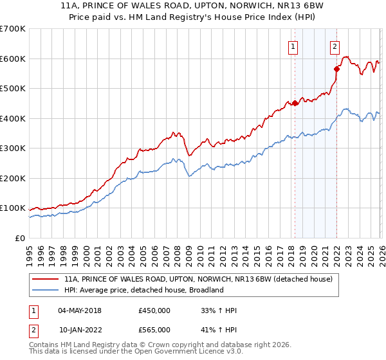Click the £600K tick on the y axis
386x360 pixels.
pos(13,59)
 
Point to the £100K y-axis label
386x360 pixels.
pos(13,208)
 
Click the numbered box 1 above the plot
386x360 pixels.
pos(293,46)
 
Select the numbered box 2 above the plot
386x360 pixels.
pos(335,46)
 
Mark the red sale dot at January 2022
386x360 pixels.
pos(336,69)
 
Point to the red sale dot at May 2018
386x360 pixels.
pos(295,103)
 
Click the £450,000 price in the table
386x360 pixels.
pos(154,310)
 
